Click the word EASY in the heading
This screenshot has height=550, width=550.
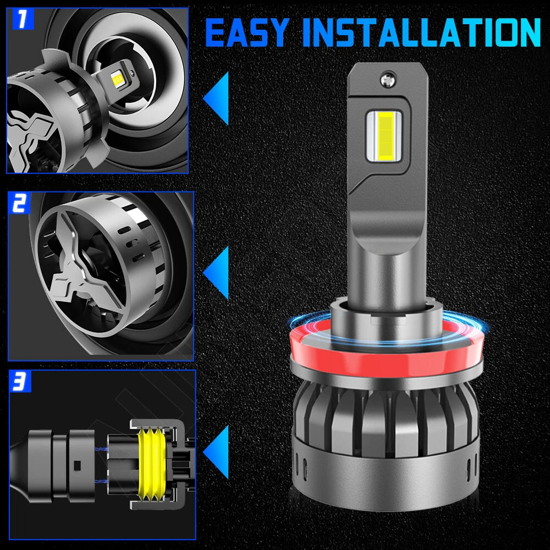247,32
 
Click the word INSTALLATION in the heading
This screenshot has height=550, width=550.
421,32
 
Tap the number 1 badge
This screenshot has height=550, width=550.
22,19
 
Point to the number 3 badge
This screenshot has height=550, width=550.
20,381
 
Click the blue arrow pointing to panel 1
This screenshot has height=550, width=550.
217,98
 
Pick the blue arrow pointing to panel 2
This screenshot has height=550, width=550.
217,273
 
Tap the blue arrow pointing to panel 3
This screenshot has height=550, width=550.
217,452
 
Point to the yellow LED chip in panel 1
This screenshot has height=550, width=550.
116,79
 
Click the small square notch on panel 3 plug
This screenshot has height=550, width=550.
78,465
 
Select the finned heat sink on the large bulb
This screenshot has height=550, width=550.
386,417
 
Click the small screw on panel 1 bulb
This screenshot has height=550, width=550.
132,73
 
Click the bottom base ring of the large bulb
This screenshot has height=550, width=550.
386,474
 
